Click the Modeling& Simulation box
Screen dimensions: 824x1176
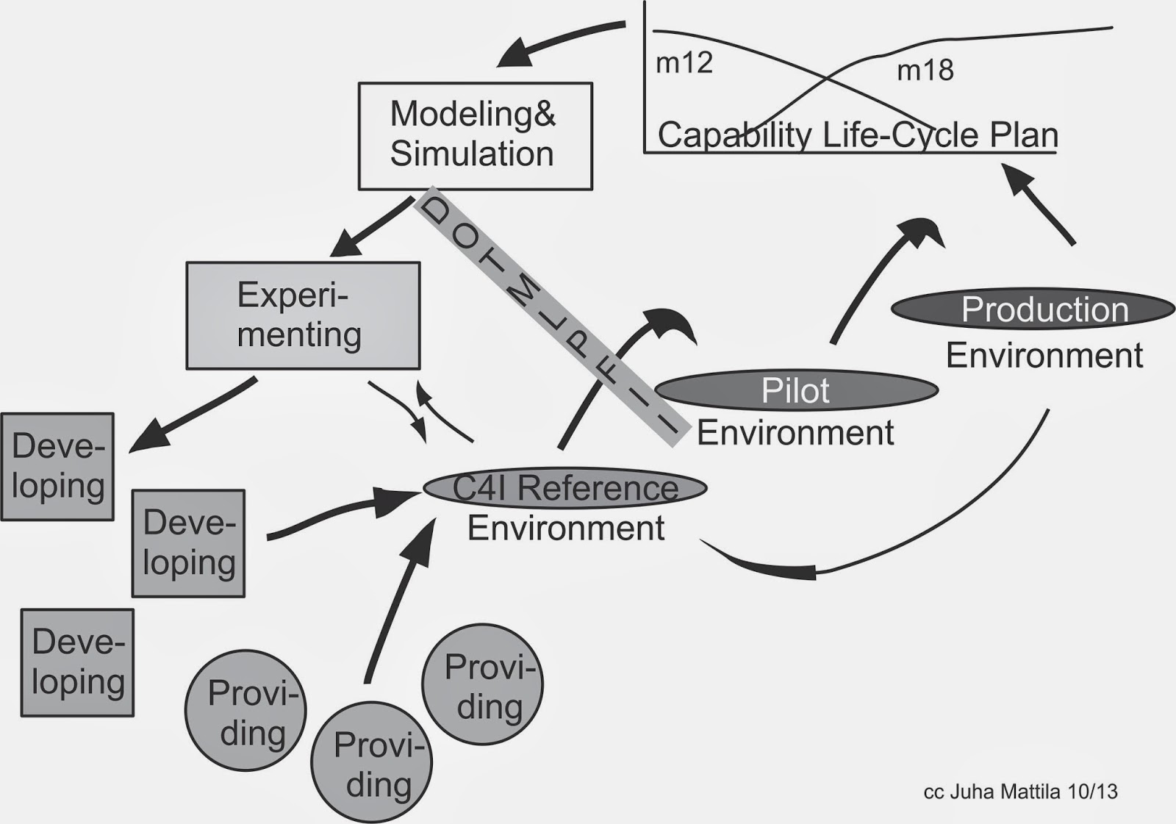pos(475,136)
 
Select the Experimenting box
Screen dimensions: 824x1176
pos(302,315)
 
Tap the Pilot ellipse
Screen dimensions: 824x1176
pos(795,390)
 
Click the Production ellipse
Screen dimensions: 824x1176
pos(1032,309)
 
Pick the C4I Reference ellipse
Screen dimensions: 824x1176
pos(564,488)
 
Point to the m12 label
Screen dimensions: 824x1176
pos(684,63)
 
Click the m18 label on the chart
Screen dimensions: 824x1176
pos(925,71)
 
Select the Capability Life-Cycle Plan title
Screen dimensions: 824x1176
pos(857,135)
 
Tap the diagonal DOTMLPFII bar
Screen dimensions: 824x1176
pos(551,316)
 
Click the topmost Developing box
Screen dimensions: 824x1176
pos(57,467)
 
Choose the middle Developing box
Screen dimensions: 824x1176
pos(188,543)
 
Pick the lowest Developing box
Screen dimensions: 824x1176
pos(77,662)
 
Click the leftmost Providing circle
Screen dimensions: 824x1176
pos(245,710)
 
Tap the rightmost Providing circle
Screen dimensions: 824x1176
pos(482,684)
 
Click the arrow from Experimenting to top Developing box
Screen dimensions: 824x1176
pos(195,414)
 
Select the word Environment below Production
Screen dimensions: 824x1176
pos(1044,356)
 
